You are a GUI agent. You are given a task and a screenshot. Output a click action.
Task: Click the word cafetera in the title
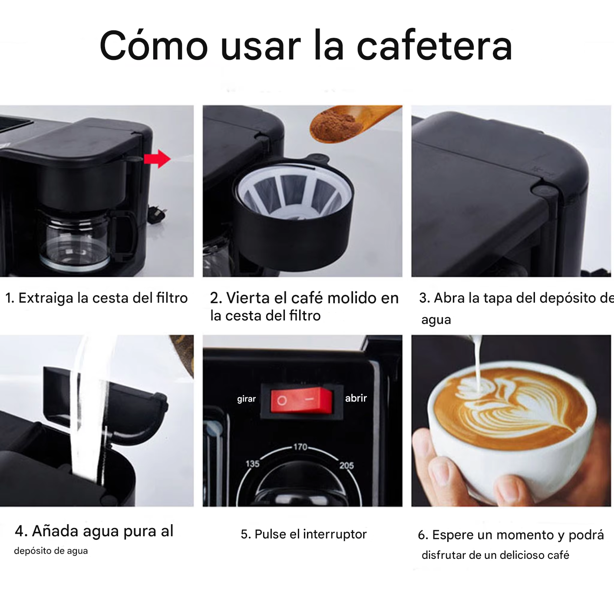point(434,46)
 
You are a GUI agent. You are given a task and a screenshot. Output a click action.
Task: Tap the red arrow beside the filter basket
point(157,159)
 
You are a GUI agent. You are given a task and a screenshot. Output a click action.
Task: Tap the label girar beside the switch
point(246,399)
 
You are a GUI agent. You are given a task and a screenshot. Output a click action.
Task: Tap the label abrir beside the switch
point(356,398)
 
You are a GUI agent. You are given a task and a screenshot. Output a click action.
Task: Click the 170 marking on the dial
point(300,447)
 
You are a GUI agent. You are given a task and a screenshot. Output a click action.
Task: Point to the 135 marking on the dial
point(252,464)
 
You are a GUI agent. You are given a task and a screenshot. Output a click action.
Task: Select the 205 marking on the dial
point(347,465)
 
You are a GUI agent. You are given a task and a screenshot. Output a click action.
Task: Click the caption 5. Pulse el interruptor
point(304,534)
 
